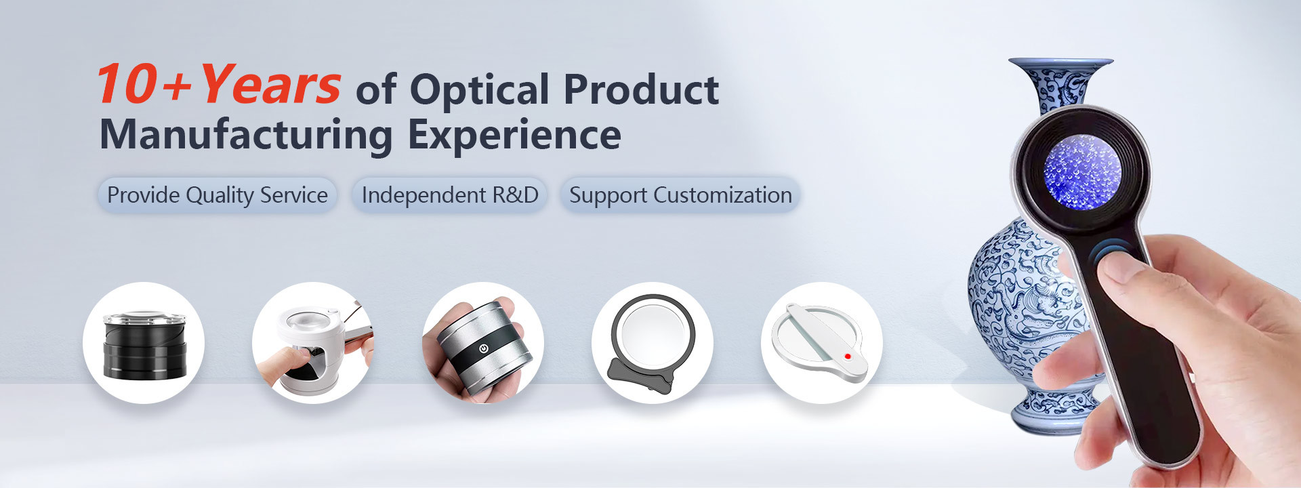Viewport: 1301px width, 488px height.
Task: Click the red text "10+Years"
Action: coord(218,85)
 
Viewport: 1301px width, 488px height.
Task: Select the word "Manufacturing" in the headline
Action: coord(246,134)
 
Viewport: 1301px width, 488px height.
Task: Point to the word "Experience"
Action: coord(514,134)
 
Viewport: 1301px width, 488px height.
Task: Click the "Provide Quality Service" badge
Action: coord(218,195)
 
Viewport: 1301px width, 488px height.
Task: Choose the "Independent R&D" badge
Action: coord(450,195)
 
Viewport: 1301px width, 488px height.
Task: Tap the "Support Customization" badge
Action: coord(680,195)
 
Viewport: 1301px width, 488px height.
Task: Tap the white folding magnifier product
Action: coord(821,342)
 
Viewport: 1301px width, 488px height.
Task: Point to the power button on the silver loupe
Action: coord(483,348)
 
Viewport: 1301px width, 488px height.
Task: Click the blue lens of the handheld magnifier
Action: coord(1081,171)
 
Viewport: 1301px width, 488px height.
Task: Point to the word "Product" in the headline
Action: coord(641,90)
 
